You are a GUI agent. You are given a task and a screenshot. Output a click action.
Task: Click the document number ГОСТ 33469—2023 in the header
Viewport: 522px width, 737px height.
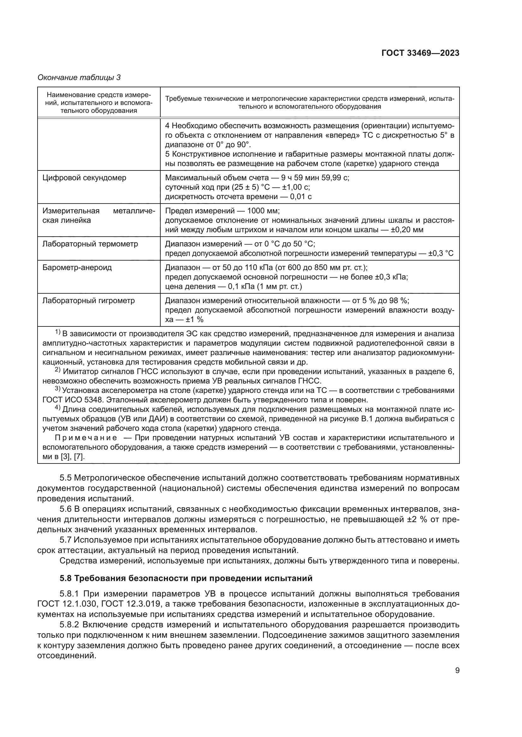click(x=420, y=53)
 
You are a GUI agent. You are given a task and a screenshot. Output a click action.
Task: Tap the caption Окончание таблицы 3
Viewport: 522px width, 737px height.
click(x=79, y=78)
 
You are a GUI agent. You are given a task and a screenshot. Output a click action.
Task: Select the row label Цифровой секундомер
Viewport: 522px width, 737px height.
click(x=84, y=178)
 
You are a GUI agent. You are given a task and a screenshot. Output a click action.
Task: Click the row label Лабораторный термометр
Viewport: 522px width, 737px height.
click(x=90, y=244)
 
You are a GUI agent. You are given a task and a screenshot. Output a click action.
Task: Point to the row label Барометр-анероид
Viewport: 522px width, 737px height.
click(x=77, y=268)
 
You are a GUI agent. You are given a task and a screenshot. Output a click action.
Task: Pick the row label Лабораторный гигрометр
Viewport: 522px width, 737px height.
click(x=88, y=301)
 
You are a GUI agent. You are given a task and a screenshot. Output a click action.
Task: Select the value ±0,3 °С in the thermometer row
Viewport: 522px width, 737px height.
click(x=441, y=254)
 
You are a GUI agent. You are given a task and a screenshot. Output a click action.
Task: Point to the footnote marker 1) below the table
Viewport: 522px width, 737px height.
click(x=58, y=332)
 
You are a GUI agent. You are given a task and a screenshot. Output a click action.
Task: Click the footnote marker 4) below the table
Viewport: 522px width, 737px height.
click(x=58, y=408)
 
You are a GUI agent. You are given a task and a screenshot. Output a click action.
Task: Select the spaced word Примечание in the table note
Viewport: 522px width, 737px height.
click(x=86, y=438)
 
